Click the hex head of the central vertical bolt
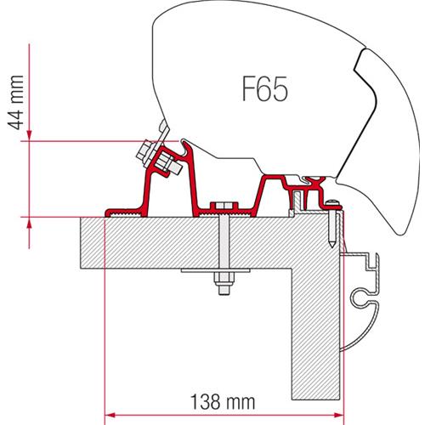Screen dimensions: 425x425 tap(224, 207)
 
